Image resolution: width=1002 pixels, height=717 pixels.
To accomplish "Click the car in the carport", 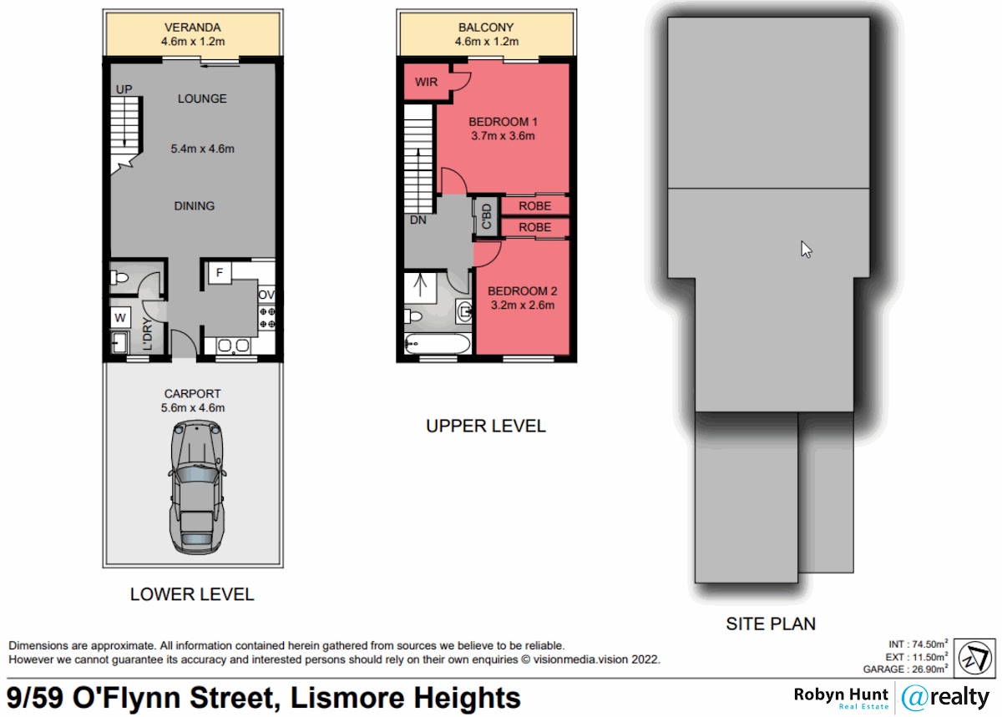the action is pyautogui.click(x=197, y=487).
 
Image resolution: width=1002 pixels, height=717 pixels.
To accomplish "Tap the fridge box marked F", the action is pyautogui.click(x=220, y=272).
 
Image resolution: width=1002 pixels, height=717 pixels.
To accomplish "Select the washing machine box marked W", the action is pyautogui.click(x=120, y=317).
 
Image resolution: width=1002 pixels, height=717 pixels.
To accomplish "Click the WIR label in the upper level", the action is pyautogui.click(x=426, y=82).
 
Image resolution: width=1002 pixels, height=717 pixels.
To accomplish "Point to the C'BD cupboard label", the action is pyautogui.click(x=487, y=216).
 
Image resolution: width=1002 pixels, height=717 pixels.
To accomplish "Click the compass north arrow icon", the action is pyautogui.click(x=975, y=658).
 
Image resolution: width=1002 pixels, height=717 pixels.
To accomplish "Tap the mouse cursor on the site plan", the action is pyautogui.click(x=806, y=249).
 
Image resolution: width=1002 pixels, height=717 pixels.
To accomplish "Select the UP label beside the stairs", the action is pyautogui.click(x=124, y=89).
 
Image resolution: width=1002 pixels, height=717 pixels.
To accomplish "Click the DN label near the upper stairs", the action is pyautogui.click(x=417, y=220).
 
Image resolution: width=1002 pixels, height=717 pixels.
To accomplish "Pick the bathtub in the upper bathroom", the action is pyautogui.click(x=438, y=344).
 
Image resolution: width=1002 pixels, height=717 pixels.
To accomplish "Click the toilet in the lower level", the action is pyautogui.click(x=119, y=278).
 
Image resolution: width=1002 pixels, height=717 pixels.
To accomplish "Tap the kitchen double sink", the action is pyautogui.click(x=233, y=346).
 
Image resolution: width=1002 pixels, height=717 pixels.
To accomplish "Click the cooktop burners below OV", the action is pyautogui.click(x=267, y=317).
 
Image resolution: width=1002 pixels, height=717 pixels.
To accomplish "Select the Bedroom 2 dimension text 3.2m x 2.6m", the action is pyautogui.click(x=523, y=305).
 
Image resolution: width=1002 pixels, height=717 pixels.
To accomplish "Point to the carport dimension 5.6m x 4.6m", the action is pyautogui.click(x=193, y=408).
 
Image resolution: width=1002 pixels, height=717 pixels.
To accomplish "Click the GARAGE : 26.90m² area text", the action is pyautogui.click(x=905, y=669).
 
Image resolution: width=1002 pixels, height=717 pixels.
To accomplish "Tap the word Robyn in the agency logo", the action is pyautogui.click(x=817, y=694).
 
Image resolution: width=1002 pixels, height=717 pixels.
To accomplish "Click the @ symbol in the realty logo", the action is pyautogui.click(x=915, y=698).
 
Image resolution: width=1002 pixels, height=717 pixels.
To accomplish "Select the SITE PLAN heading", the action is pyautogui.click(x=771, y=624).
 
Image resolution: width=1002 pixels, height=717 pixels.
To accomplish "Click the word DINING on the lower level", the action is pyautogui.click(x=194, y=206).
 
